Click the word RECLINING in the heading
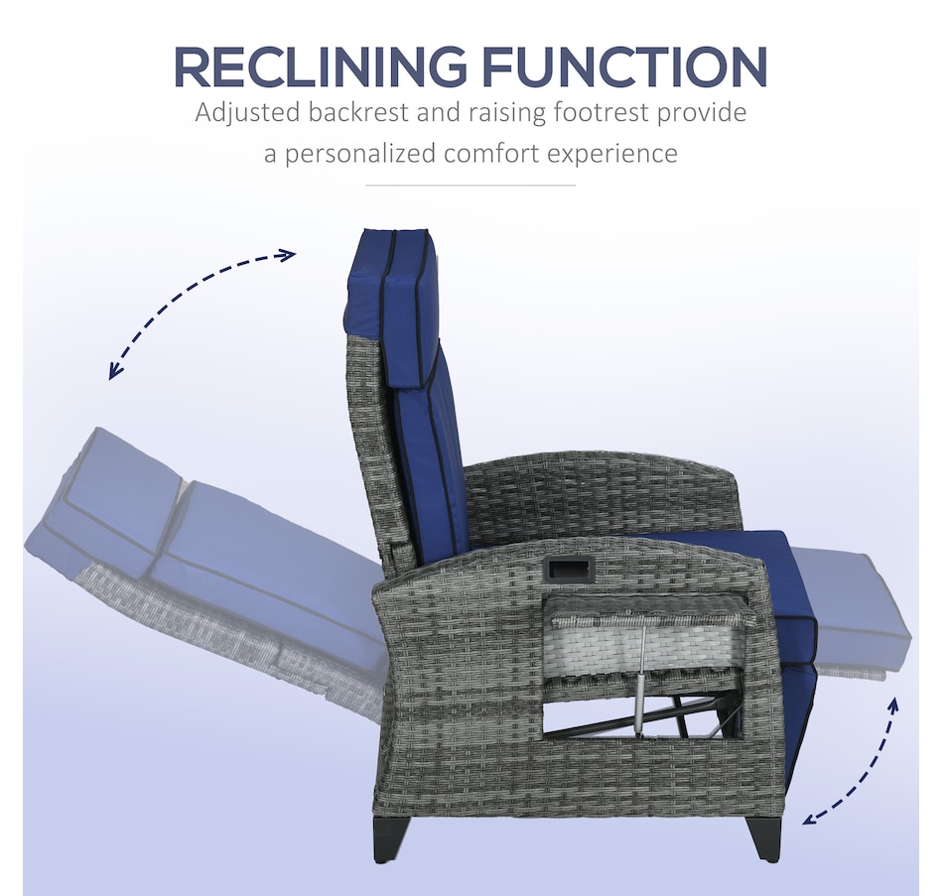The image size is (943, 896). click(x=318, y=66)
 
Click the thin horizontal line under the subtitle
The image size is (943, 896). click(x=471, y=186)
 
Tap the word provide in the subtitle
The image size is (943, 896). click(x=701, y=113)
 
